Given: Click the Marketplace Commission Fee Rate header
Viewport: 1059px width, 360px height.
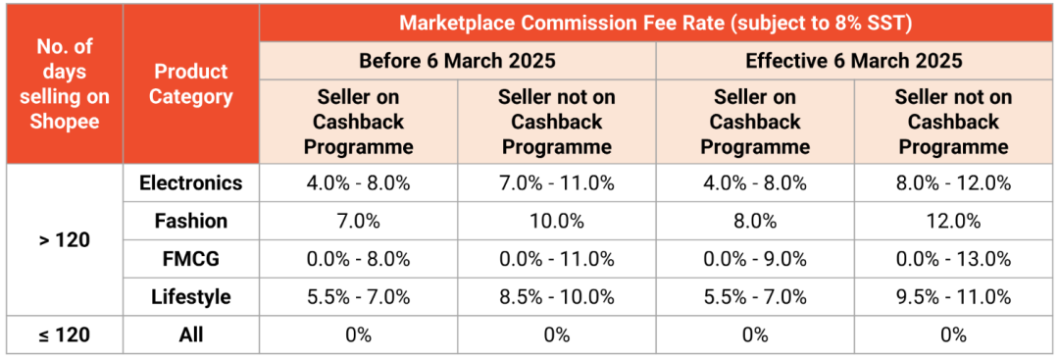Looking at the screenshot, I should (656, 23).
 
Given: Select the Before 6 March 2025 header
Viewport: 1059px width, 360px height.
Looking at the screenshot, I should (457, 61).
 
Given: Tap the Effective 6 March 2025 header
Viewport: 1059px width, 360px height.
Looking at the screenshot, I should (854, 61).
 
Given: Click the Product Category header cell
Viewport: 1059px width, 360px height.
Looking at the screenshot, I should (191, 84).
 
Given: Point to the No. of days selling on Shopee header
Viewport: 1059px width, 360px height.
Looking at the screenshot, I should (64, 84).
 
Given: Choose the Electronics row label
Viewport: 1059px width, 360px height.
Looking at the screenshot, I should (191, 183).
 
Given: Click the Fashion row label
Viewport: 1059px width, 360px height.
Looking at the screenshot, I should (191, 221).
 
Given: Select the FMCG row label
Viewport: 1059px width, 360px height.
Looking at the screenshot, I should (191, 259).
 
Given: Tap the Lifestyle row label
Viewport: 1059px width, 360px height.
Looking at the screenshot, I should (191, 296).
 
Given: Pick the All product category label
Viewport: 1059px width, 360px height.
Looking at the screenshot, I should (191, 334).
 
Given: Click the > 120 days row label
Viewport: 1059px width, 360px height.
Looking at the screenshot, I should (64, 239).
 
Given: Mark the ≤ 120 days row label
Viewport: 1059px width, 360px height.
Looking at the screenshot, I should (64, 334).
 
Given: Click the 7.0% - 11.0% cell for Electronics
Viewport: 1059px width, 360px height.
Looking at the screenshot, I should (556, 183).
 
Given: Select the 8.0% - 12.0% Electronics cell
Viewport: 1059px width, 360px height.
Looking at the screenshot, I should (953, 183).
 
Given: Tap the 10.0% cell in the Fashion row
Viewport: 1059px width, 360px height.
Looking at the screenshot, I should (556, 221).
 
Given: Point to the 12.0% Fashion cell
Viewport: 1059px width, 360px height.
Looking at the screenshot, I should (953, 221).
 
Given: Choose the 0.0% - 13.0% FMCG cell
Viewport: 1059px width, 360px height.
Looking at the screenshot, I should (953, 259).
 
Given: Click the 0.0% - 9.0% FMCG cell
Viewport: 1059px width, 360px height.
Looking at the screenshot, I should (755, 259).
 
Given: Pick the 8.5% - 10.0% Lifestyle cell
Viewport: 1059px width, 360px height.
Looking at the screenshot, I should (556, 296).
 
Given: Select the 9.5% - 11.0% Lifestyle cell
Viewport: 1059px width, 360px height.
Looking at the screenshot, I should (953, 296).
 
